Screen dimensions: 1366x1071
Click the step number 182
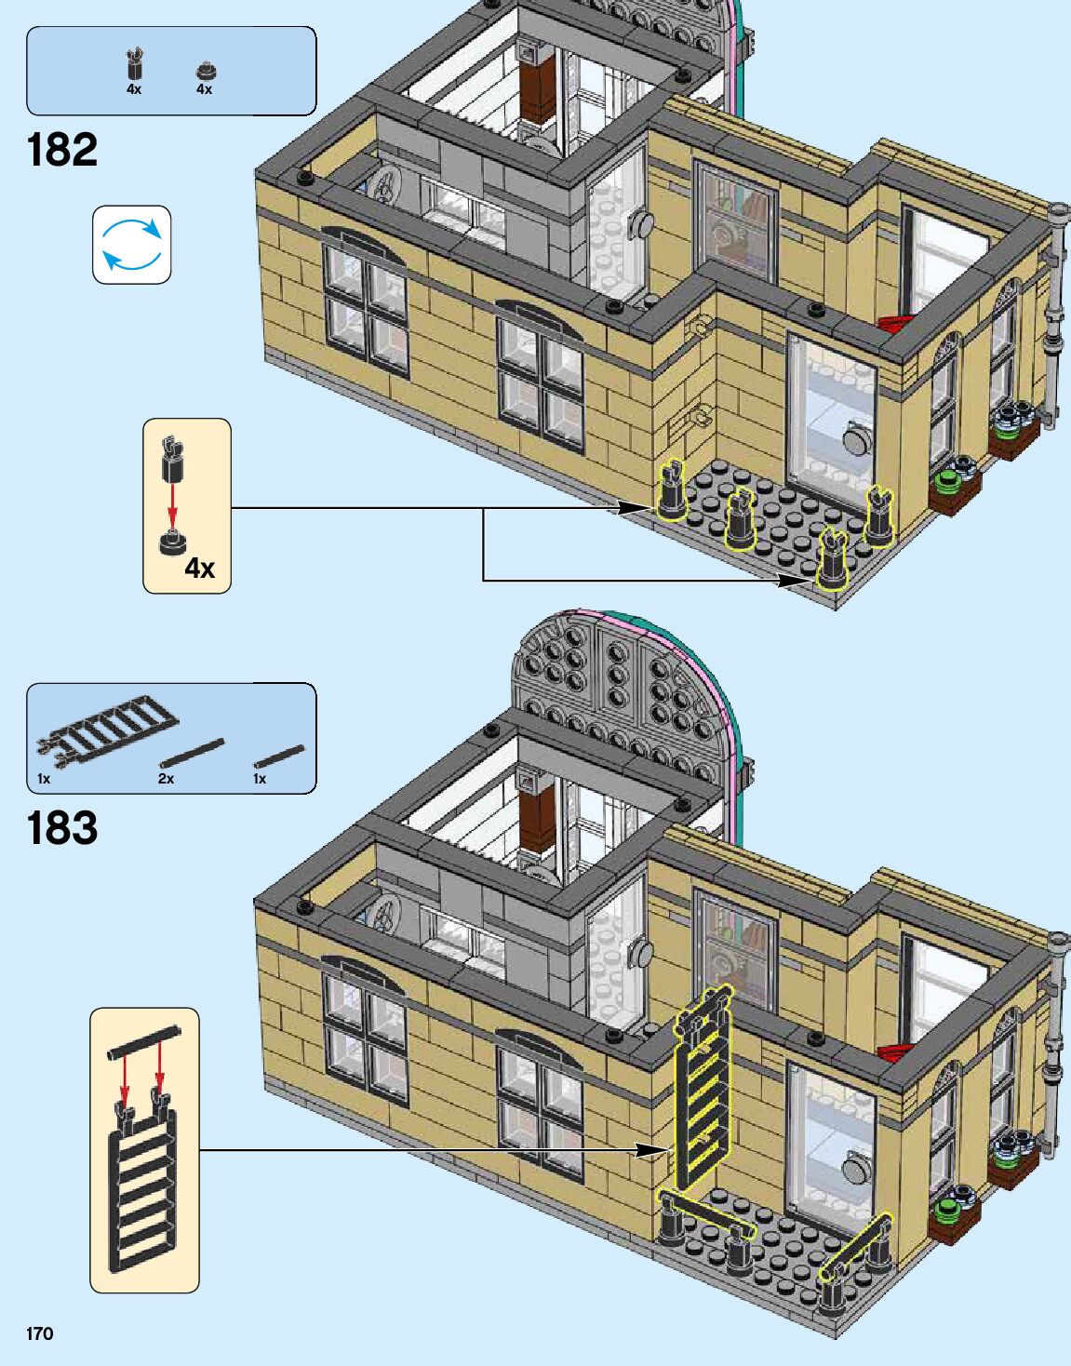click(x=62, y=150)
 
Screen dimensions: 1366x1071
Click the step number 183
click(x=62, y=828)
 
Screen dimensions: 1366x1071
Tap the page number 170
click(x=40, y=1333)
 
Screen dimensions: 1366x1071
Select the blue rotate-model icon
click(x=132, y=245)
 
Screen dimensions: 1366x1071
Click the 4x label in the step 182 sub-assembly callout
click(x=199, y=568)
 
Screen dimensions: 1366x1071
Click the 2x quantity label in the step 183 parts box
click(x=166, y=779)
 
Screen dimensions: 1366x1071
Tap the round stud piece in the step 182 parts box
click(x=204, y=70)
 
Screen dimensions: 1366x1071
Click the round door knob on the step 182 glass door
click(x=853, y=437)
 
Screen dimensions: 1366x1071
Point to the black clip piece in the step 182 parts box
click(x=135, y=65)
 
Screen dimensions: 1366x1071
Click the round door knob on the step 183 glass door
click(x=853, y=1168)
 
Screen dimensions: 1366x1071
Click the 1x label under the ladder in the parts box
click(x=44, y=779)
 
